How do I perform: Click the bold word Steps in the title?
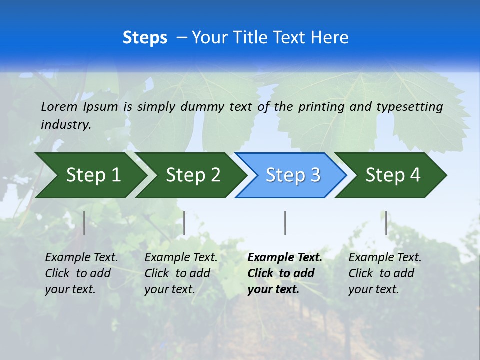click(x=145, y=38)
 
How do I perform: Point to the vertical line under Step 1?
click(x=84, y=223)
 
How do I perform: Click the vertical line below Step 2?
click(x=184, y=223)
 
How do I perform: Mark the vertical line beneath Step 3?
click(x=285, y=223)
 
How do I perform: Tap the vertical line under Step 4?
click(x=386, y=223)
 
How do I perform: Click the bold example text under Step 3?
click(x=285, y=273)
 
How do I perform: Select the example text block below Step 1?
click(x=81, y=273)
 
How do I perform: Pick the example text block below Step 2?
click(x=181, y=273)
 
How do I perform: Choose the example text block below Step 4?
click(x=385, y=273)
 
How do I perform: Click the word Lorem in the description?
click(x=59, y=107)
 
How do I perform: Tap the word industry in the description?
click(x=66, y=125)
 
